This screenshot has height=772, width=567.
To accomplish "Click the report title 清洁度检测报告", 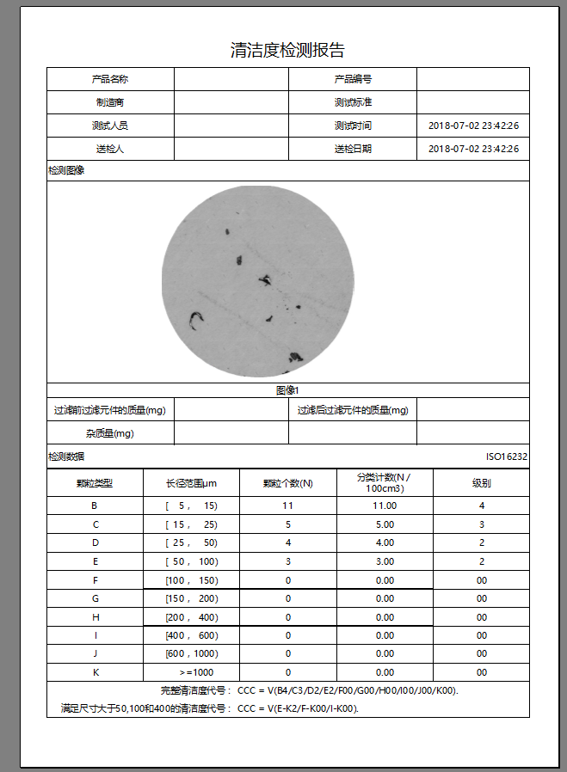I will point(287,50).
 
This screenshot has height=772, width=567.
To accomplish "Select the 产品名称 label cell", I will point(110,79).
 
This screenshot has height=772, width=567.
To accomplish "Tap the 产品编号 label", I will point(353,79).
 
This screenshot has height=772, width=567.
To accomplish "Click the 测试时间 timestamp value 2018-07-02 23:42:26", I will point(473,126).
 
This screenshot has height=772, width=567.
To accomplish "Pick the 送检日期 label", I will point(353,149).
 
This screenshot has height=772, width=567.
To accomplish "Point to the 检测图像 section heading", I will point(66,171).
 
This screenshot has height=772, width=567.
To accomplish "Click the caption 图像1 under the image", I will point(287,390).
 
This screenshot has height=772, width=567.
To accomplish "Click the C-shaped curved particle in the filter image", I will point(196,321).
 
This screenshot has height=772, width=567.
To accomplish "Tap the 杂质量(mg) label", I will point(110,433).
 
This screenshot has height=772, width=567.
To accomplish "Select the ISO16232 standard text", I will point(507,457).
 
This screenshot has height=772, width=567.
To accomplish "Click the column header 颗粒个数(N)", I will point(287,483).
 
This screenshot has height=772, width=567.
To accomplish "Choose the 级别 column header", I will point(481,483).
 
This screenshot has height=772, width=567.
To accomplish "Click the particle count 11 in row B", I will point(287,505).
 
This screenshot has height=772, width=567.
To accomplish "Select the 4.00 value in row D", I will point(385,542).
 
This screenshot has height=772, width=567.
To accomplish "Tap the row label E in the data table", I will point(95,561).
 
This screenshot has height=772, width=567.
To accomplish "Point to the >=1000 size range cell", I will point(191,672).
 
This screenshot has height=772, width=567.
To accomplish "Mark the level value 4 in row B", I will point(482,505).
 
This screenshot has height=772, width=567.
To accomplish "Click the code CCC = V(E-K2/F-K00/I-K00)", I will point(298,708).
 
